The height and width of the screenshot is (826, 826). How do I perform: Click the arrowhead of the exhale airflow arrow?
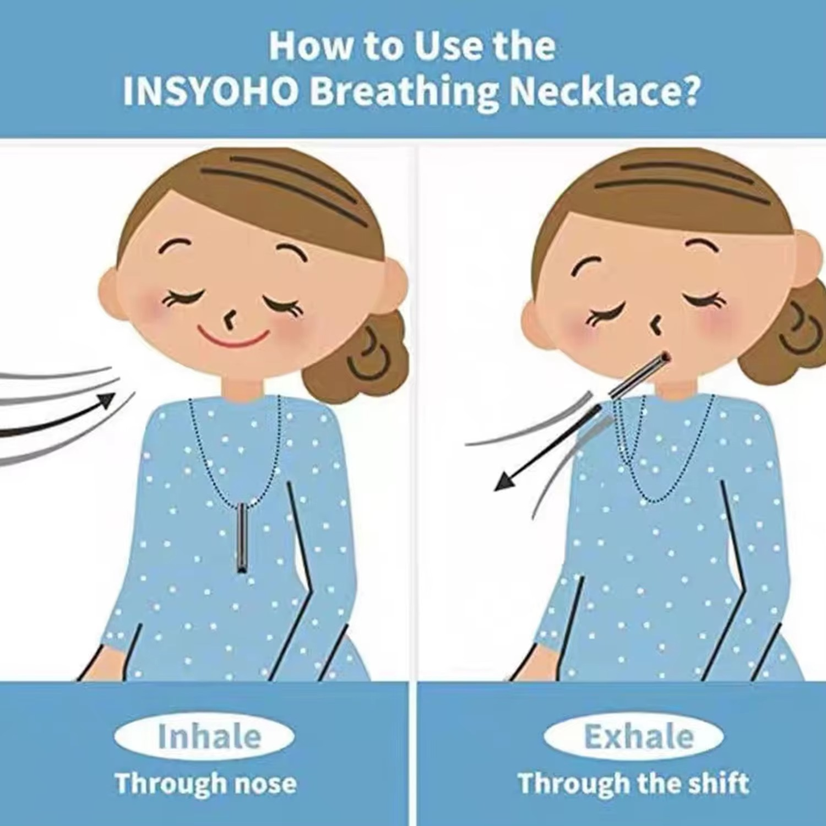pyautogui.click(x=506, y=482)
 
